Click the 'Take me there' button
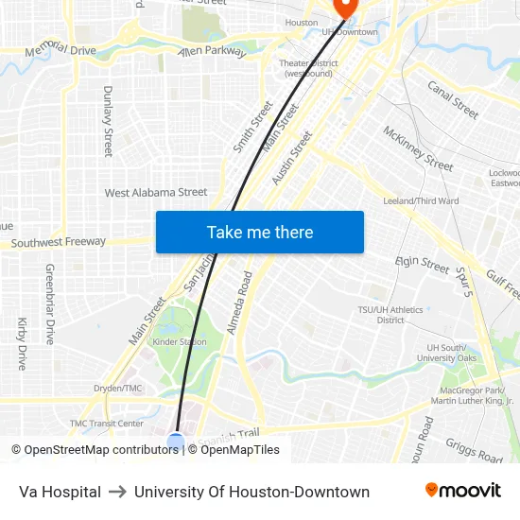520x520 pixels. tap(260, 232)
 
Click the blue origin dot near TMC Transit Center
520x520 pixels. tap(176, 441)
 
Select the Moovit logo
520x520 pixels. tap(462, 491)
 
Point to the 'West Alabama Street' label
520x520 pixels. tap(156, 193)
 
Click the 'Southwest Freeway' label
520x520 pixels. tap(59, 242)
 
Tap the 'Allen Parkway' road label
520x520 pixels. tap(212, 51)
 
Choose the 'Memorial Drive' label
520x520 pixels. tap(61, 49)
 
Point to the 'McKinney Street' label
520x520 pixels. tap(418, 147)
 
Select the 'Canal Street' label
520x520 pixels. tap(453, 98)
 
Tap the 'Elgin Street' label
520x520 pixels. tap(422, 264)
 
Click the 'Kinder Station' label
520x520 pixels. tap(179, 341)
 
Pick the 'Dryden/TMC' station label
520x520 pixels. tap(117, 389)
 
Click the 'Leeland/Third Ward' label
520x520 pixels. tap(421, 201)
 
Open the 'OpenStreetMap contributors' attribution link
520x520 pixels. tap(97, 450)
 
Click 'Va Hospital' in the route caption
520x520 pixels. tap(60, 492)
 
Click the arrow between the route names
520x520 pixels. tap(117, 492)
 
